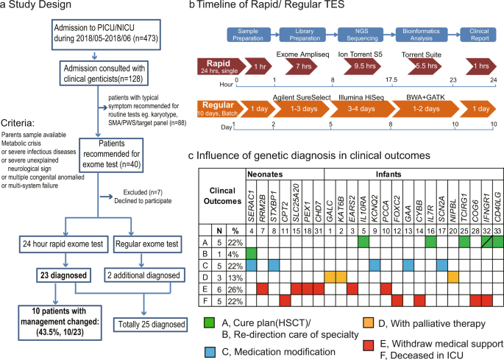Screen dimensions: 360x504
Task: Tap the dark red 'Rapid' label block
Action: click(218, 68)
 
